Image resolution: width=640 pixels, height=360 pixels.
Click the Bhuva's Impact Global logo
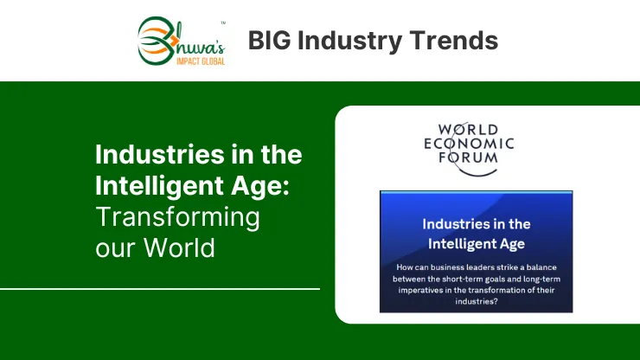click(182, 41)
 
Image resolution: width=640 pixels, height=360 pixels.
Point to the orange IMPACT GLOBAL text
click(201, 61)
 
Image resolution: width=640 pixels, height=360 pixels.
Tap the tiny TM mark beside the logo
click(223, 22)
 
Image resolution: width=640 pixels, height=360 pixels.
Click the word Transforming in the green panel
click(177, 217)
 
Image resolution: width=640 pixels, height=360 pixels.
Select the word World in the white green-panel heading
click(179, 247)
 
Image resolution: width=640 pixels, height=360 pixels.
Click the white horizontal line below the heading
click(160, 289)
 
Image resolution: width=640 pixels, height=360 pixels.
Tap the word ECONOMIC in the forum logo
click(469, 144)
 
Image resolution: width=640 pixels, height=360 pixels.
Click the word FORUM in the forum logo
click(468, 157)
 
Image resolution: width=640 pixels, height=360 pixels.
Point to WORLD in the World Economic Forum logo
click(468, 130)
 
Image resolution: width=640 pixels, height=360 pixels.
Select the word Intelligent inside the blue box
click(451, 244)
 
